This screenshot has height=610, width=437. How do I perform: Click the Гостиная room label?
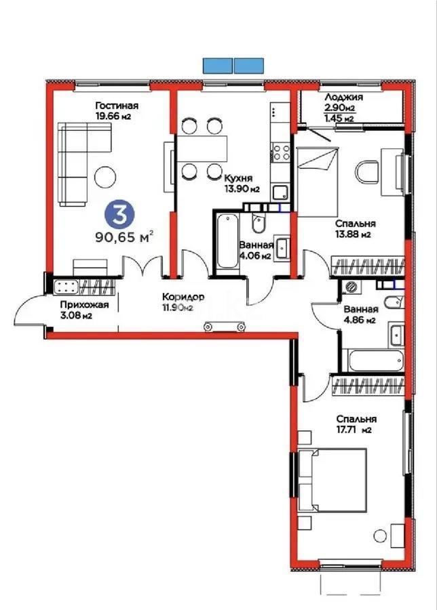click(117, 105)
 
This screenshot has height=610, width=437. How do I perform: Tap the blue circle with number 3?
click(119, 216)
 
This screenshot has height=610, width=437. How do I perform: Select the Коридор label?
click(183, 297)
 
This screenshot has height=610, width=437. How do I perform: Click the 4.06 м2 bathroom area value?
click(255, 256)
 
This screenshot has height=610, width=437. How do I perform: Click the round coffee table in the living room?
click(105, 177)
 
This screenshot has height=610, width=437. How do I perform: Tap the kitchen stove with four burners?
click(280, 152)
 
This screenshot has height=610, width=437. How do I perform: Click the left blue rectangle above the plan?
click(217, 66)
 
